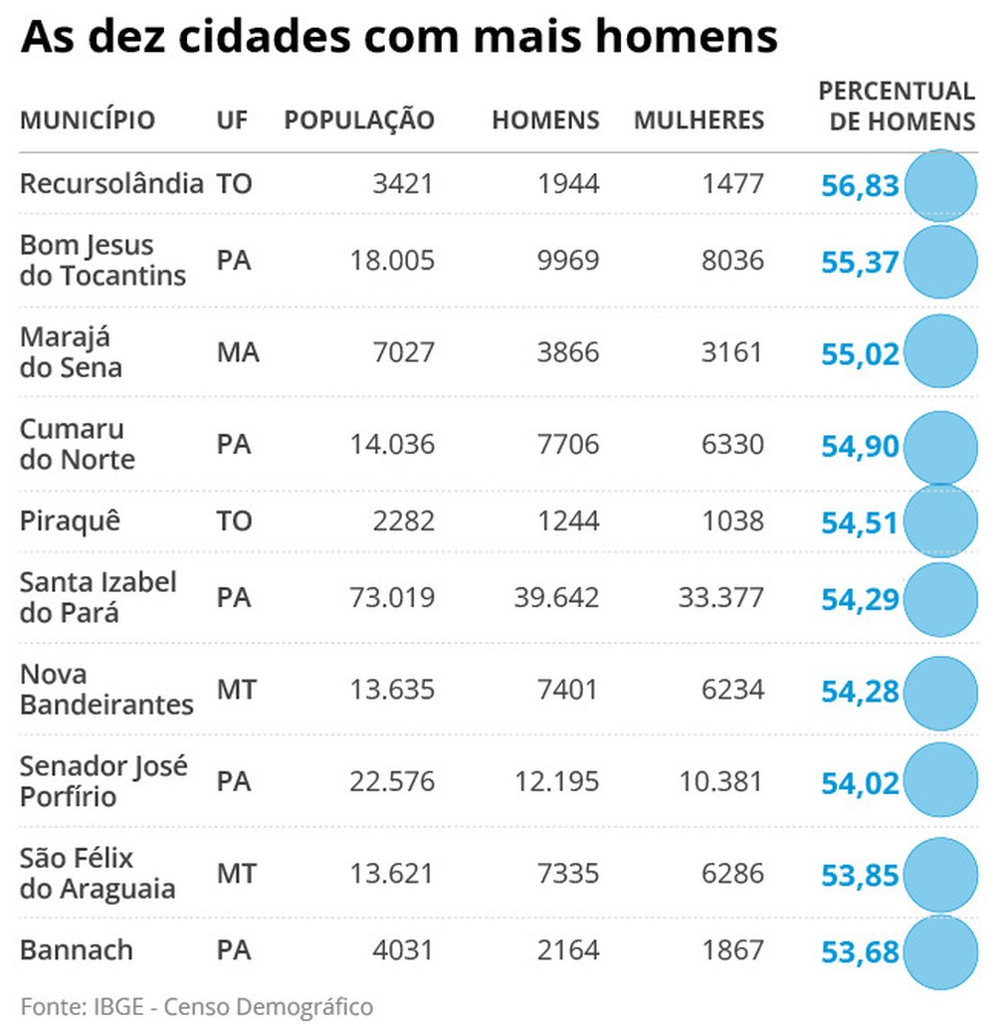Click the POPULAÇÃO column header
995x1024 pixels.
click(359, 120)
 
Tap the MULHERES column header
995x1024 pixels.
click(698, 120)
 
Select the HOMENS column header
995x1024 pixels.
click(545, 120)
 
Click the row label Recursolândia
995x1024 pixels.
click(111, 184)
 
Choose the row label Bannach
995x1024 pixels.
click(76, 949)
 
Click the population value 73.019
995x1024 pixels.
click(392, 598)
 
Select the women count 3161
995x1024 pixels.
click(731, 352)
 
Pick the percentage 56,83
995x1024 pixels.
click(860, 186)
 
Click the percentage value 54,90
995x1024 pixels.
click(860, 447)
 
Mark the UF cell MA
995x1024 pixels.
click(238, 352)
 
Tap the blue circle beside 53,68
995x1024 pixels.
click(939, 951)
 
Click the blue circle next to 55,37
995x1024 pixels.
click(939, 262)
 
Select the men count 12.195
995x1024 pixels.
click(557, 781)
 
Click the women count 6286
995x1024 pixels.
click(731, 874)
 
